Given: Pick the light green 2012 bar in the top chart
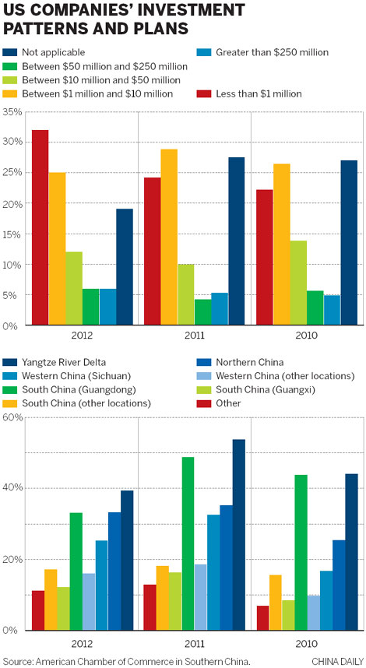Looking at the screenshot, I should click(x=74, y=288).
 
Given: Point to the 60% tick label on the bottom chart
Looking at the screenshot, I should click(x=12, y=417).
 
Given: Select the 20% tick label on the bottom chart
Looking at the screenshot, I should click(x=12, y=560).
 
